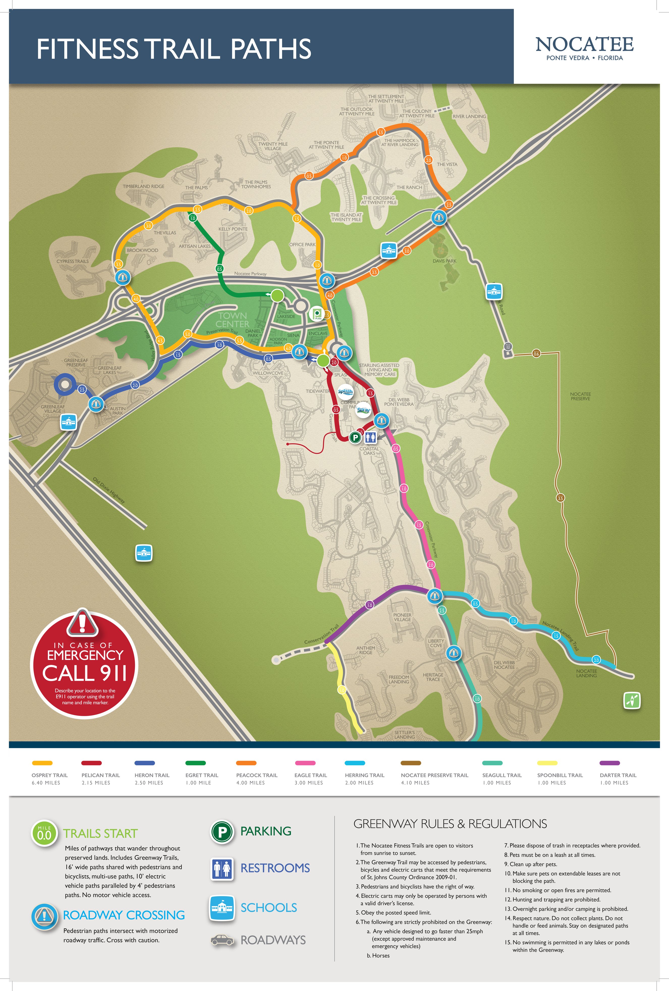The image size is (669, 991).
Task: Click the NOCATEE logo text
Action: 584,44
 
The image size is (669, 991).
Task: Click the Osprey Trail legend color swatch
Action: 42,763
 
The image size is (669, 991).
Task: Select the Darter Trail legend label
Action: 618,775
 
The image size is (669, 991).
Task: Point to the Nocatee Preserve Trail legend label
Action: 434,775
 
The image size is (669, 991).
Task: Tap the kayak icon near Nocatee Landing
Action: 632,700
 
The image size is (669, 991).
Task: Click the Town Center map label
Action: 232,320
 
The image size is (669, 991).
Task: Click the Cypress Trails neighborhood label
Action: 72,261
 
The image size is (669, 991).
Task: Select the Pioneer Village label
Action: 402,617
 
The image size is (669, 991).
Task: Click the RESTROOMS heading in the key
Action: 275,868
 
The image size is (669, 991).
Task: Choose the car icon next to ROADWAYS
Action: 222,940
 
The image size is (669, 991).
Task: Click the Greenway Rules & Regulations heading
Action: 450,824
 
